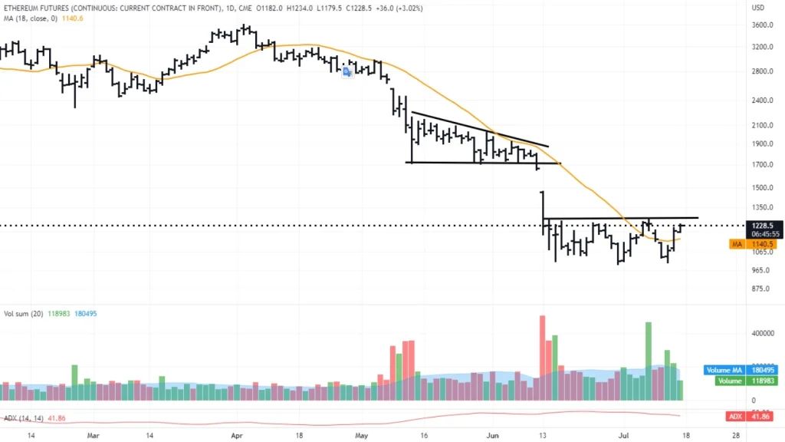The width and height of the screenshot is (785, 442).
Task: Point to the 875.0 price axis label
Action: (x=762, y=289)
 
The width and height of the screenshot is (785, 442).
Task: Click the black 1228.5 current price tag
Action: (x=762, y=224)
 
